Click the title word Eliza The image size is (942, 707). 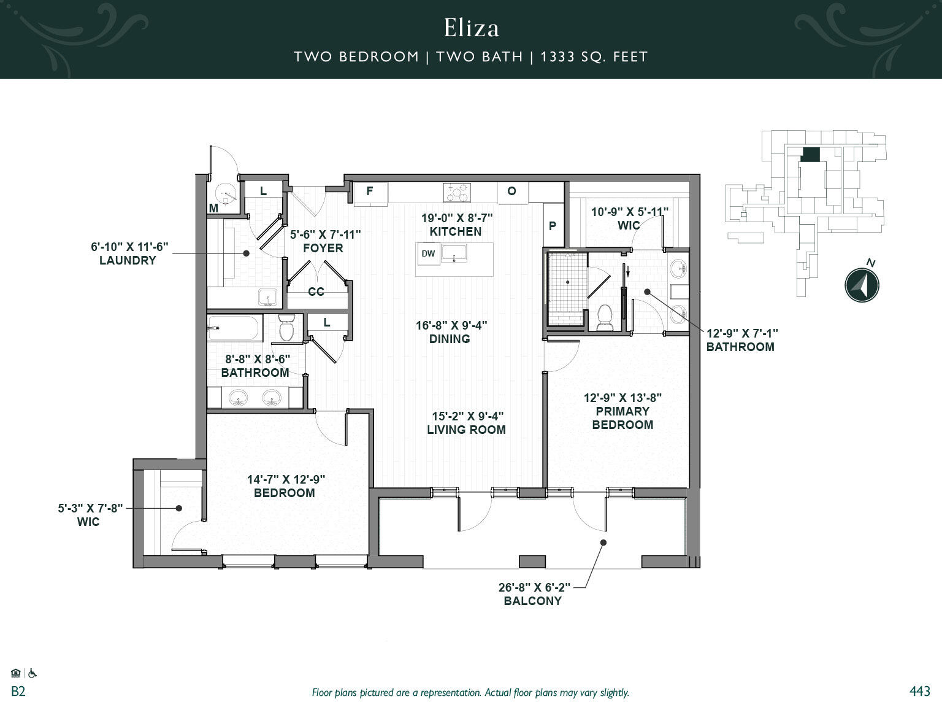click(471, 28)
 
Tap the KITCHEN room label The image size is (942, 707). click(455, 231)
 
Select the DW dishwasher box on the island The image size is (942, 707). click(428, 253)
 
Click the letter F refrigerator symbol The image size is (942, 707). click(370, 191)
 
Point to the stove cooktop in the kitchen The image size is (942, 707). click(458, 193)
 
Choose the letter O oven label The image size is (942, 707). click(511, 191)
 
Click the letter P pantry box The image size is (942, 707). click(553, 226)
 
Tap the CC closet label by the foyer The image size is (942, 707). click(316, 292)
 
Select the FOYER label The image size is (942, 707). click(323, 248)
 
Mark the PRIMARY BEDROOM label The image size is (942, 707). click(622, 418)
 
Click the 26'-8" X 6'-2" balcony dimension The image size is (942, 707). click(534, 587)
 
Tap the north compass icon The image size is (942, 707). click(862, 285)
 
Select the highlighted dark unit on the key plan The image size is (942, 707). click(810, 155)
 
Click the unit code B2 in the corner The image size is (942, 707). click(18, 692)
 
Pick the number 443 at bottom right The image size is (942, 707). click(919, 692)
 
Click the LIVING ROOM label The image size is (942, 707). click(466, 430)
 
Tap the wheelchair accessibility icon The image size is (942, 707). click(33, 673)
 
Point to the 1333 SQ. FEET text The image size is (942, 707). click(594, 57)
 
